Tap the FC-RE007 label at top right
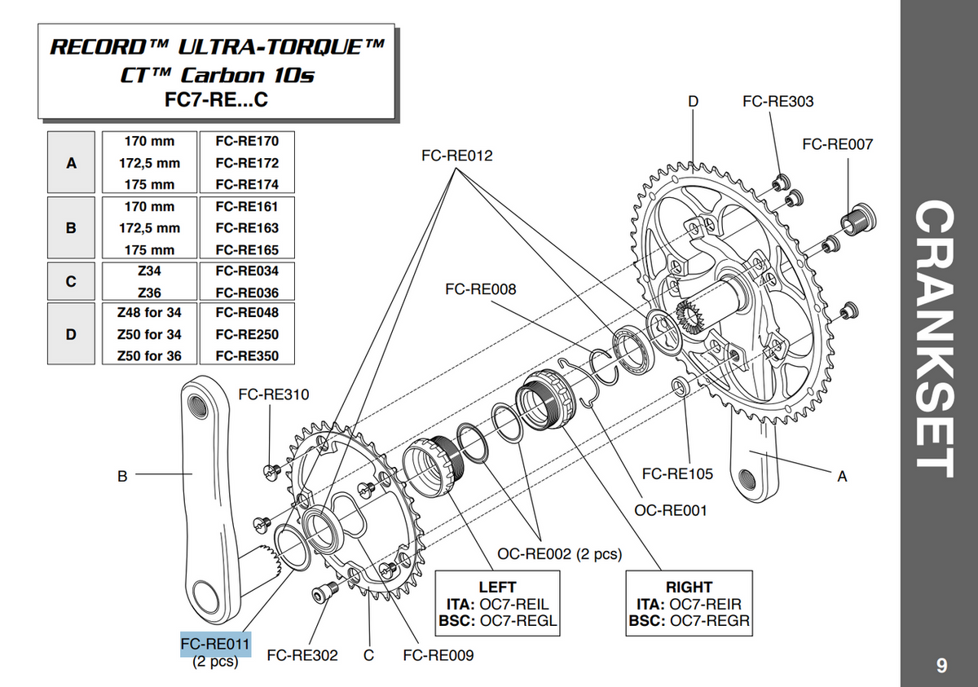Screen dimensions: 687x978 coord(837,144)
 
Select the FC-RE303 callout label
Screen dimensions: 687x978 coord(778,102)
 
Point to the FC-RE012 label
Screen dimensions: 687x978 coord(457,155)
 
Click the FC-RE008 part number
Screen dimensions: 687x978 coord(480,289)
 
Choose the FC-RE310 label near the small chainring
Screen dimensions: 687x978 coord(274,395)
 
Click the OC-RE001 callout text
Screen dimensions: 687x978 coord(671,510)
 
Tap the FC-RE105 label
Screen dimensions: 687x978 coord(677,473)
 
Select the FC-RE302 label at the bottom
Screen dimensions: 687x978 coord(302,654)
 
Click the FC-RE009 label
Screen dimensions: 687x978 coord(438,654)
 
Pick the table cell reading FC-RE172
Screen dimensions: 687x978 coord(247,163)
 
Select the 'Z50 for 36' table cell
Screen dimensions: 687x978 coord(149,356)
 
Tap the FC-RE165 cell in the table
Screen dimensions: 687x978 coord(247,250)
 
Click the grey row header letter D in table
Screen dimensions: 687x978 coord(71,334)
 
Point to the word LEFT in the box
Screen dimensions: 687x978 coord(497,587)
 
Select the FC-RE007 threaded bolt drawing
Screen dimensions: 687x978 coord(858,219)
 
